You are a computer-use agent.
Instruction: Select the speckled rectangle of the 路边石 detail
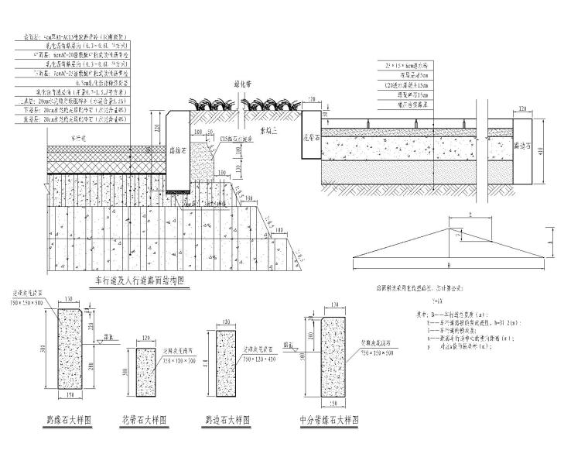[225, 360]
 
